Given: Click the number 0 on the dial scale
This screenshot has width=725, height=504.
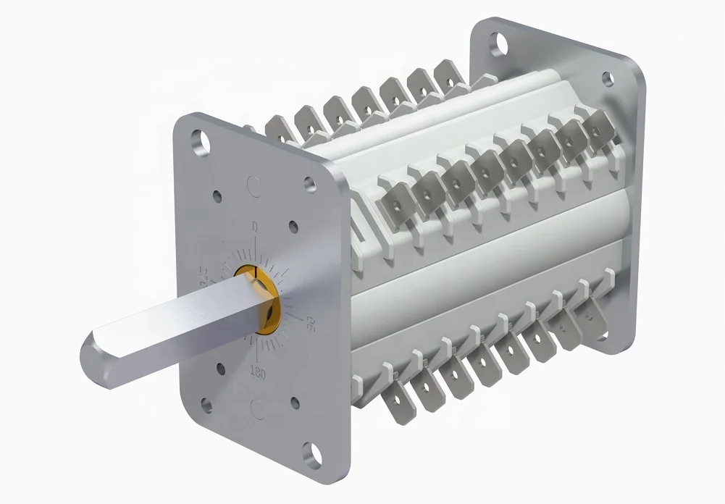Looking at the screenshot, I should pyautogui.click(x=254, y=227).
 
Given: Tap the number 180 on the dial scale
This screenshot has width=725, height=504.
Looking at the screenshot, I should pyautogui.click(x=256, y=371).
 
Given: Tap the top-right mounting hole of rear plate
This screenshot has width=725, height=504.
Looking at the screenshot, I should pyautogui.click(x=608, y=78).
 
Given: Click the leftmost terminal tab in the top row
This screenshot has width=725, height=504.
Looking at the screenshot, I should pyautogui.click(x=279, y=130).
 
